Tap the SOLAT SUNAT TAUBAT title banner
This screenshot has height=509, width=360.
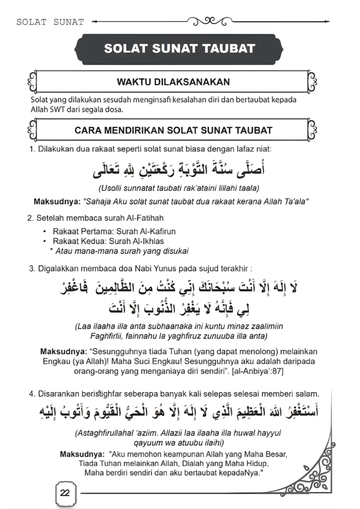tap(180, 48)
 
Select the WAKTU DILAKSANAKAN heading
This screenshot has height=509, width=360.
tap(173, 82)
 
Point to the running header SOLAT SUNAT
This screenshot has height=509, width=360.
tap(50, 22)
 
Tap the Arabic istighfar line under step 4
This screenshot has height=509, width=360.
tap(180, 412)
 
